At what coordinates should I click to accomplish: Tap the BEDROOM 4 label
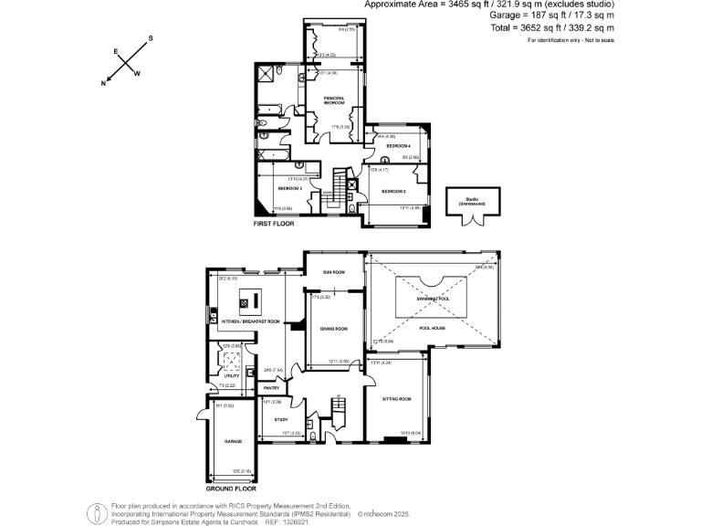click(398, 146)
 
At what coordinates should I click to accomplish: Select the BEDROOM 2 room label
click(393, 191)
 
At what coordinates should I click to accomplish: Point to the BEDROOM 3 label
click(290, 188)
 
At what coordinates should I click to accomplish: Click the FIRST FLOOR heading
click(273, 223)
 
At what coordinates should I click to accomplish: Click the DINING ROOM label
click(334, 329)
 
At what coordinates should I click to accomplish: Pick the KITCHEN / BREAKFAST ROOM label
click(250, 321)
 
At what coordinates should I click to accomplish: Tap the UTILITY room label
click(231, 375)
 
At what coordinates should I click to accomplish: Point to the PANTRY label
click(271, 388)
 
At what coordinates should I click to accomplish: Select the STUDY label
click(280, 419)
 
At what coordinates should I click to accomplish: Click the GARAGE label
click(232, 441)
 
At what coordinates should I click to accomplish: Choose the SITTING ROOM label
click(394, 398)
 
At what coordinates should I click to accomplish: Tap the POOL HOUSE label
click(431, 326)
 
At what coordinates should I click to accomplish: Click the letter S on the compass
click(151, 38)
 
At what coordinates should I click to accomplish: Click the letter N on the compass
click(104, 83)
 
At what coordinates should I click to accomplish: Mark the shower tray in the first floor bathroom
click(267, 73)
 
